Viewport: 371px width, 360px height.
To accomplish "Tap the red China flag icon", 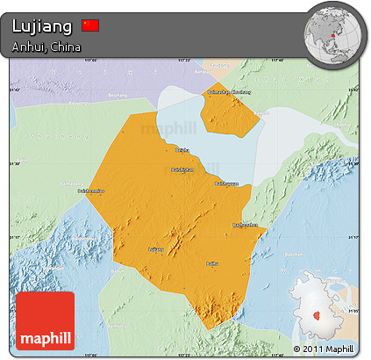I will [90, 25].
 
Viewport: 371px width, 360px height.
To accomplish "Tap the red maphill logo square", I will [45, 320].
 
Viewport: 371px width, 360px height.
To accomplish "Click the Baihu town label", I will [211, 263].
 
